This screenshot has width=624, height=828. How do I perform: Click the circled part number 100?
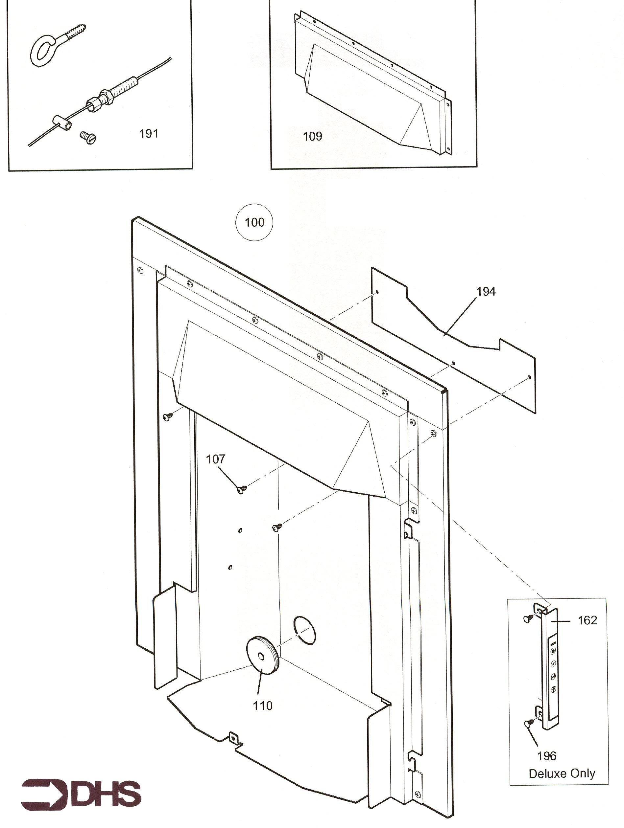pos(254,222)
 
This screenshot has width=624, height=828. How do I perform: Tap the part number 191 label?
pos(149,134)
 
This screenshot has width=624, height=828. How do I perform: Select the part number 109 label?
pos(312,136)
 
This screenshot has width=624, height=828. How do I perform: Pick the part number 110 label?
pos(262,706)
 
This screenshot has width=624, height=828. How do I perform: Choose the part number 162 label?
pos(587,620)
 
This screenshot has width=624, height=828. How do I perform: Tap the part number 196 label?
pos(546,756)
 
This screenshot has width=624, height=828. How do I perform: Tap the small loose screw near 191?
pos(88,137)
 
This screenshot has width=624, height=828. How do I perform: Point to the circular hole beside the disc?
pos(305,630)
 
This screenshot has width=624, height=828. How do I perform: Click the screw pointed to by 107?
pos(242,489)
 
